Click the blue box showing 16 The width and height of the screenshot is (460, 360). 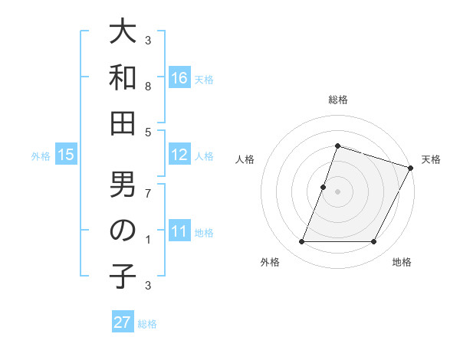click(x=179, y=78)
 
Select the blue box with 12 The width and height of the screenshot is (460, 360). click(x=179, y=155)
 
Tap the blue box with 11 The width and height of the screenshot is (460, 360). click(x=179, y=231)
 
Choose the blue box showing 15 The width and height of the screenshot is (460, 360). click(x=66, y=155)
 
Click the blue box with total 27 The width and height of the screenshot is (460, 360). click(x=123, y=322)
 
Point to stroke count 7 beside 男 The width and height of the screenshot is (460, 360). click(x=148, y=194)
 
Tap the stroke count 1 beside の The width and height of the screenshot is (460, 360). click(x=148, y=240)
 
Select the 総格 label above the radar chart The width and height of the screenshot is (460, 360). click(x=337, y=100)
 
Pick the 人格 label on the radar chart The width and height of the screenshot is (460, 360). click(x=245, y=159)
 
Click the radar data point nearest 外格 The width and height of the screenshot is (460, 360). click(x=301, y=242)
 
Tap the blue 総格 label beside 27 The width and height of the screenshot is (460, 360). click(x=147, y=324)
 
